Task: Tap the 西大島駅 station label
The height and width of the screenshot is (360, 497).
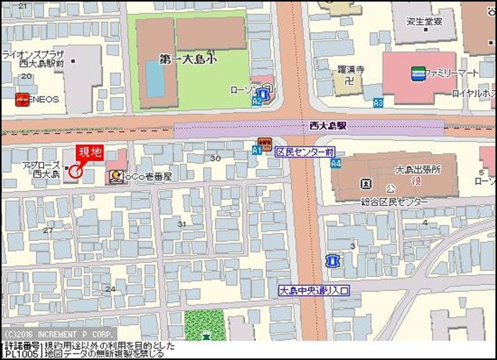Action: tap(328, 125)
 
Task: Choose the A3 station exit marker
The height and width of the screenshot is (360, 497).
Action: tap(378, 103)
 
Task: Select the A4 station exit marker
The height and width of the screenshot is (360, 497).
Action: tap(336, 164)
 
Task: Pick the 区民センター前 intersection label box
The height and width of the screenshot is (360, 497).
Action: tap(304, 152)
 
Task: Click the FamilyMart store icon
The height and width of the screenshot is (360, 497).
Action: tap(417, 74)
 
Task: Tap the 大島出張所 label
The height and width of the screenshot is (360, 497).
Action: tap(417, 169)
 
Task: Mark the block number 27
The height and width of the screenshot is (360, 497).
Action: tap(49, 230)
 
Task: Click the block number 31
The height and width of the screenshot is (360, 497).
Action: tap(182, 224)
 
